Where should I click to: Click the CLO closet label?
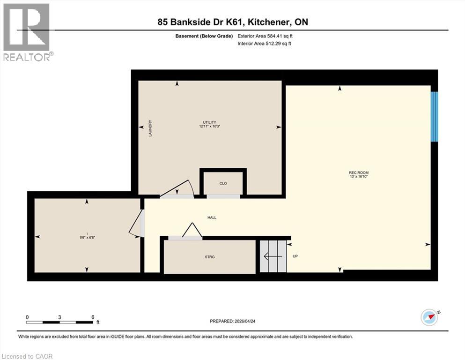point(223,183)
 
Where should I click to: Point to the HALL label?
point(212,217)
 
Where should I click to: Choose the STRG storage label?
point(209,257)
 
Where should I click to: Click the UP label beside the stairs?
point(295,256)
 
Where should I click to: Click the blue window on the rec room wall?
point(435,116)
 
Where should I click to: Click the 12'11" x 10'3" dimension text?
point(209,127)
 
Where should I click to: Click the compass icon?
point(429,317)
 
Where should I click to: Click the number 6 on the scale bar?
point(93,317)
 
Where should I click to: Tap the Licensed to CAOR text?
point(28,356)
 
